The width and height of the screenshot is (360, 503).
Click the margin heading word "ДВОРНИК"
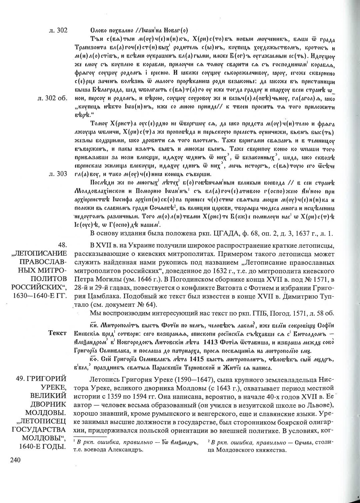50,404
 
